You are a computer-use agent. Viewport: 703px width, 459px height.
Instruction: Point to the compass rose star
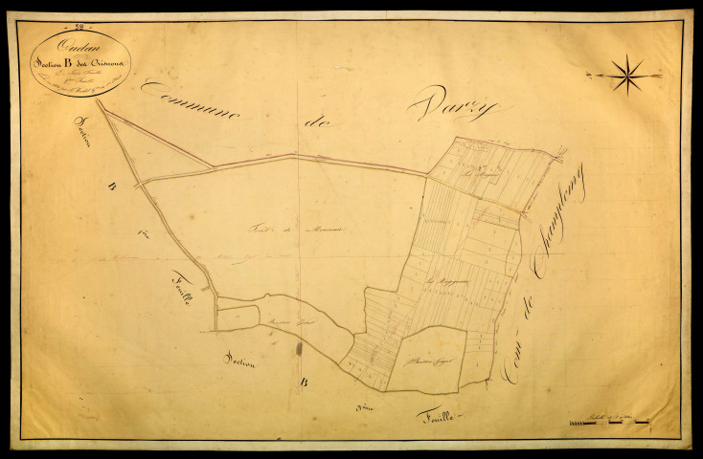[626, 75]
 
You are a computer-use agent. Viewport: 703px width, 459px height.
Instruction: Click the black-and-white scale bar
[607, 422]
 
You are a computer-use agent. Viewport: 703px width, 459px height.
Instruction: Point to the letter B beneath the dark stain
[304, 384]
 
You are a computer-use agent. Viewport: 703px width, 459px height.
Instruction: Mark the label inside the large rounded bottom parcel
[428, 361]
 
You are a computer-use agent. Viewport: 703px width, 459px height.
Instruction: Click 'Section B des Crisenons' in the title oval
[78, 60]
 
